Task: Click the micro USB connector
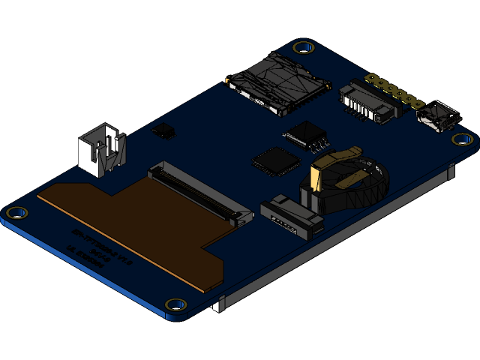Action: [438, 118]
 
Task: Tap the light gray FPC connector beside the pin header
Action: [367, 103]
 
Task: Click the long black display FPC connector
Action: [199, 193]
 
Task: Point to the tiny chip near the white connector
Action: [163, 132]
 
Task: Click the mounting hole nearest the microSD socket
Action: [303, 48]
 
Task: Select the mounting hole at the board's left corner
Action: [16, 213]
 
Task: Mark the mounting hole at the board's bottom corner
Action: [176, 304]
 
